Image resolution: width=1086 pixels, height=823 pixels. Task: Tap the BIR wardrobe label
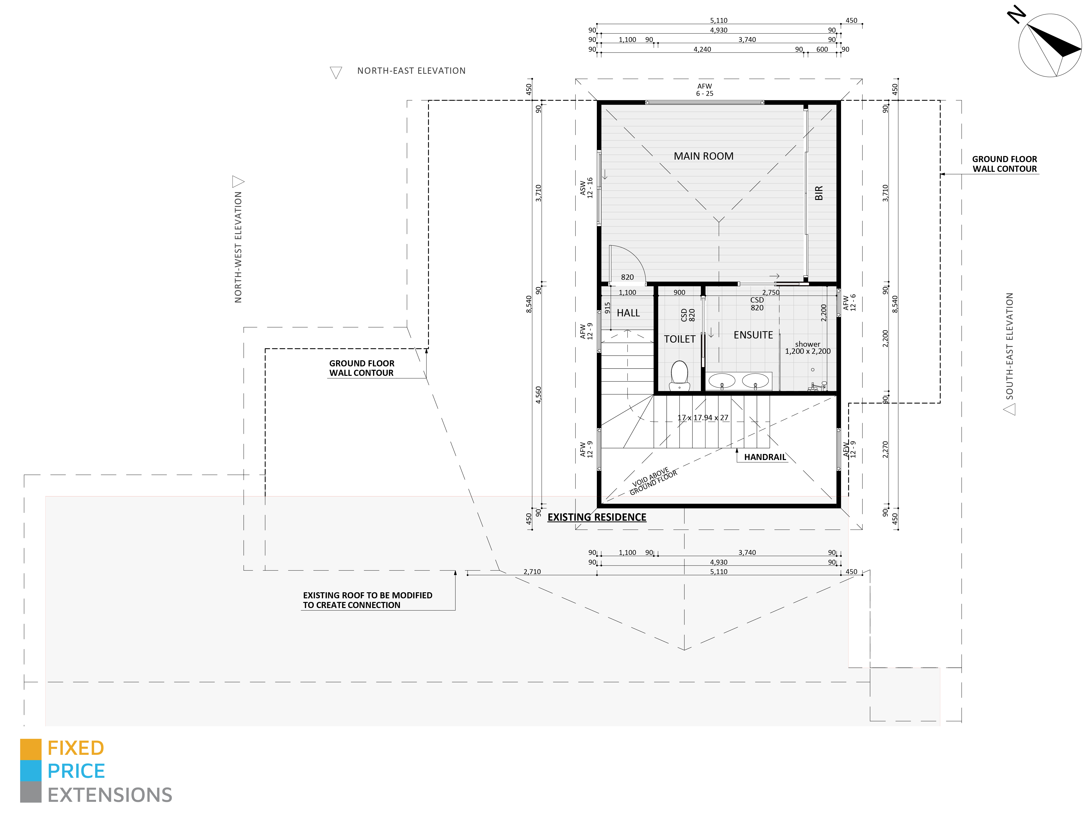(819, 193)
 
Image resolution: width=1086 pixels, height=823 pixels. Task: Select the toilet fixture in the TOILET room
(680, 376)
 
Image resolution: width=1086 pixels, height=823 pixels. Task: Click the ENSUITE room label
(753, 335)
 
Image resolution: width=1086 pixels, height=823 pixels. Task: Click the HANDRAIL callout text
(765, 457)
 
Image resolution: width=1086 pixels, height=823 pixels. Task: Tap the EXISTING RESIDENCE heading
(597, 517)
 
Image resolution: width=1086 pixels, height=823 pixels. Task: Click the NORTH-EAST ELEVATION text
(411, 71)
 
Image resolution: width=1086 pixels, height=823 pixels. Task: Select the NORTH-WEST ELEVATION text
(238, 247)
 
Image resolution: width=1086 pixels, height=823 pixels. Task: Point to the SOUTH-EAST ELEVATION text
(1009, 346)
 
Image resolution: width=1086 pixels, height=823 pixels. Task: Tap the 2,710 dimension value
(532, 572)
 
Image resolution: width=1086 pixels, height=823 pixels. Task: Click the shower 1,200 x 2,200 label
(808, 348)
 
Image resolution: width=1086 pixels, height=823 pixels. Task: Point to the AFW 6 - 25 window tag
(705, 90)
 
